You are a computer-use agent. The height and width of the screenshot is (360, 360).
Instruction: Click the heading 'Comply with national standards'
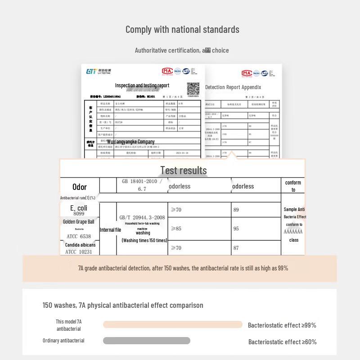[182, 30]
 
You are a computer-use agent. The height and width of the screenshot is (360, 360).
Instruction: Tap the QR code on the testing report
[193, 89]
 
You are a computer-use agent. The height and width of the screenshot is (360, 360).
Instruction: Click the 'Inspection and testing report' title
[142, 85]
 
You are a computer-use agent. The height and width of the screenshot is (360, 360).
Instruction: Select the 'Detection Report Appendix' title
[233, 87]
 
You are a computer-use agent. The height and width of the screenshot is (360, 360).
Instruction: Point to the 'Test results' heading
[184, 170]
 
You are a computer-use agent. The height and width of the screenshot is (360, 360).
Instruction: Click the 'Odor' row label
[79, 187]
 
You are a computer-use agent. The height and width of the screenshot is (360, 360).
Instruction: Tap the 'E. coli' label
[79, 208]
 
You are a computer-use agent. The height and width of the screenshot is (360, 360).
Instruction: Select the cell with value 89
[236, 210]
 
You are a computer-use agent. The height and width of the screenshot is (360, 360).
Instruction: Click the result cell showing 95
[236, 229]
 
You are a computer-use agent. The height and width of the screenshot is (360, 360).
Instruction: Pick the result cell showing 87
[236, 248]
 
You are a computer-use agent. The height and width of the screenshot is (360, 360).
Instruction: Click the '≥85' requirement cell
[176, 229]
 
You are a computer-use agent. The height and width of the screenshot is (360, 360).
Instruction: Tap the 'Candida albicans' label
[80, 245]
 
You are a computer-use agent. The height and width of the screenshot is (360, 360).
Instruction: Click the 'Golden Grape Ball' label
[79, 221]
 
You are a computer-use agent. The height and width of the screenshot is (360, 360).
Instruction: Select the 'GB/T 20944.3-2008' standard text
[142, 217]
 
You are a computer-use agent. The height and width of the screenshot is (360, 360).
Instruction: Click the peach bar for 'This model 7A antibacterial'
[172, 324]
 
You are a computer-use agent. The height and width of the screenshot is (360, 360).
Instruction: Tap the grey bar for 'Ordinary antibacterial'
[146, 341]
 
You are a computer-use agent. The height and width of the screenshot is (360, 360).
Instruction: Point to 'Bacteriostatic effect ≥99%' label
[282, 325]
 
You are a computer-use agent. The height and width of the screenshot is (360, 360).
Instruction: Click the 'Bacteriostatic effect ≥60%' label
[283, 342]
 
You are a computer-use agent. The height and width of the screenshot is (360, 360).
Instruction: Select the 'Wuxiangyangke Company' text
[130, 141]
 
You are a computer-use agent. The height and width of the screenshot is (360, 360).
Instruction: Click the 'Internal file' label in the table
[110, 229]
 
